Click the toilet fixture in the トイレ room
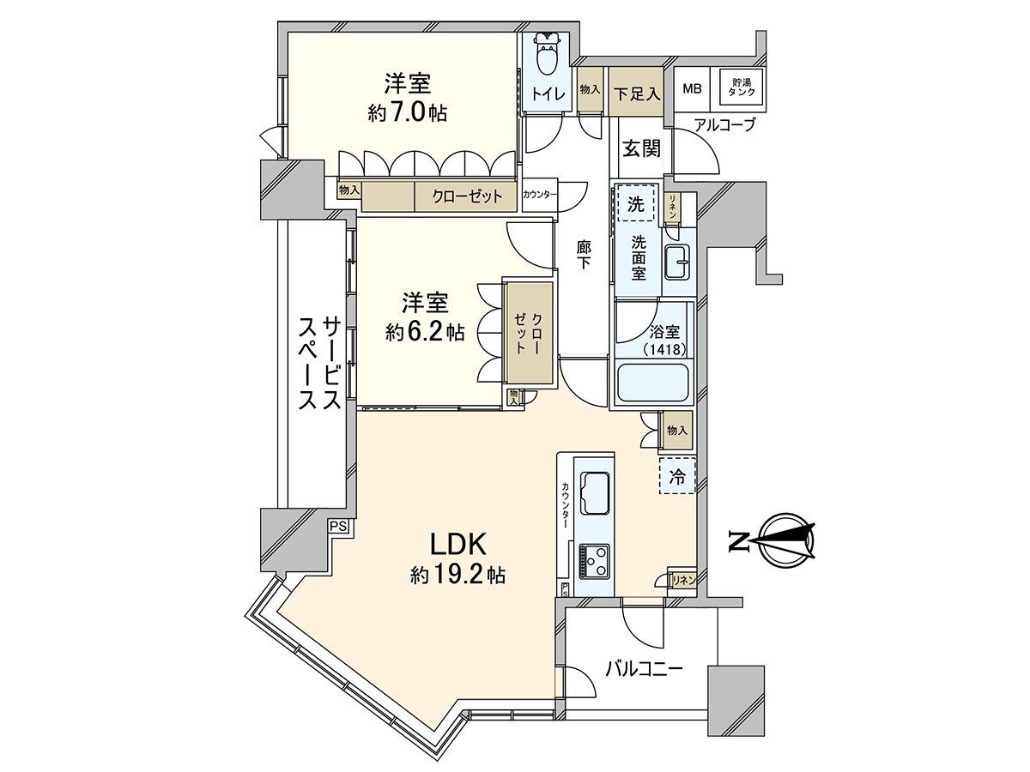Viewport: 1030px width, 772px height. click(x=547, y=56)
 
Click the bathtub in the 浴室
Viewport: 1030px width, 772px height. click(x=654, y=383)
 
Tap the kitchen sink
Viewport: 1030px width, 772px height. click(x=594, y=493)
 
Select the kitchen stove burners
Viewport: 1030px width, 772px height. click(x=593, y=563)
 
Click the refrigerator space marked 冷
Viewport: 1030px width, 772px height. click(x=677, y=476)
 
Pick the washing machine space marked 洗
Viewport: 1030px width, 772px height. click(x=635, y=204)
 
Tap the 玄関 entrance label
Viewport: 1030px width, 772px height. click(x=640, y=149)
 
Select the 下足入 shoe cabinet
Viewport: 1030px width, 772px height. click(x=636, y=91)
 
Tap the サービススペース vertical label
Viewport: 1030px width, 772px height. click(x=318, y=365)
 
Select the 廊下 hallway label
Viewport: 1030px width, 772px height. click(x=585, y=255)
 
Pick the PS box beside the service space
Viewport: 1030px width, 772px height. click(x=338, y=527)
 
